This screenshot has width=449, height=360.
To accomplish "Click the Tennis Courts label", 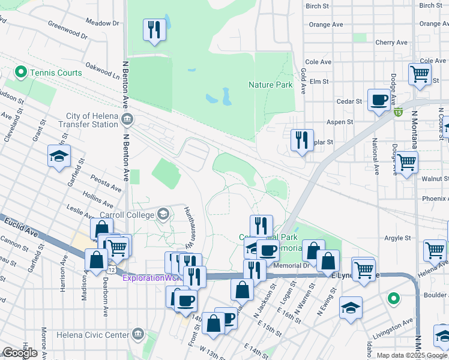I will pos(57,73).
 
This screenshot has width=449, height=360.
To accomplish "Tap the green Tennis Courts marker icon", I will pos(21,73).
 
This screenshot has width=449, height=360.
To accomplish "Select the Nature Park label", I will pos(271,85).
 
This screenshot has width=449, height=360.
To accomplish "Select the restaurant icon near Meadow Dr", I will pos(154,29).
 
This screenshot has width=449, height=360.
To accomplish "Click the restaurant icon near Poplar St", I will pos(301,140).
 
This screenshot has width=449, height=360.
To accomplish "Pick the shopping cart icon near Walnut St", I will pos(407,162).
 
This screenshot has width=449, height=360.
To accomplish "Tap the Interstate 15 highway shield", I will pos(398,111).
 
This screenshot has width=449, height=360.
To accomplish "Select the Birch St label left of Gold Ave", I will pos(318,6).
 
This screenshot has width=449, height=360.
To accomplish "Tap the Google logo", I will pos(19,353).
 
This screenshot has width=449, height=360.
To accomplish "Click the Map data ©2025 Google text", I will pos(411,355).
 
